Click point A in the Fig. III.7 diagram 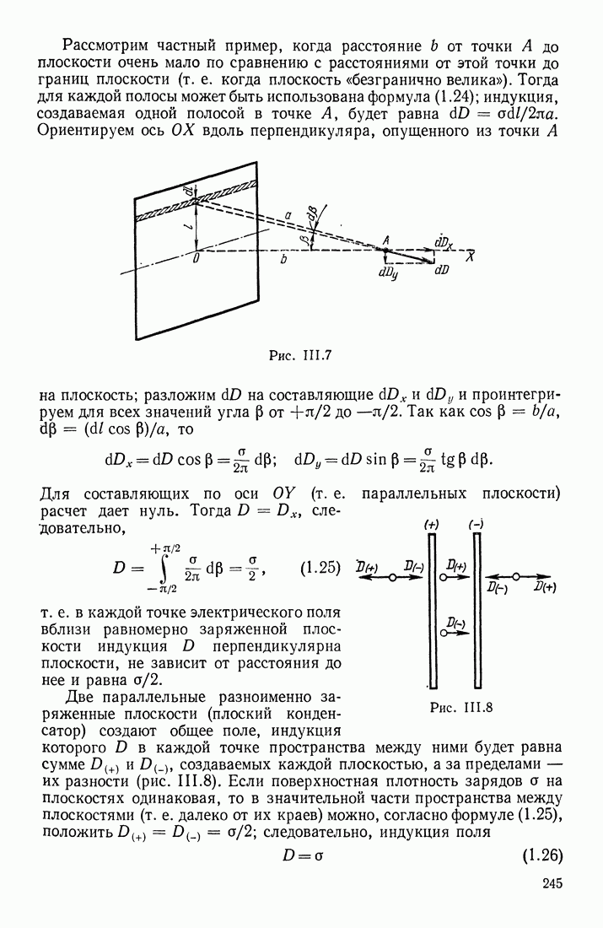point(386,250)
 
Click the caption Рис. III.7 point(303,355)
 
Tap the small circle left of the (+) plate point(393,577)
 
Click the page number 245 point(547,883)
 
